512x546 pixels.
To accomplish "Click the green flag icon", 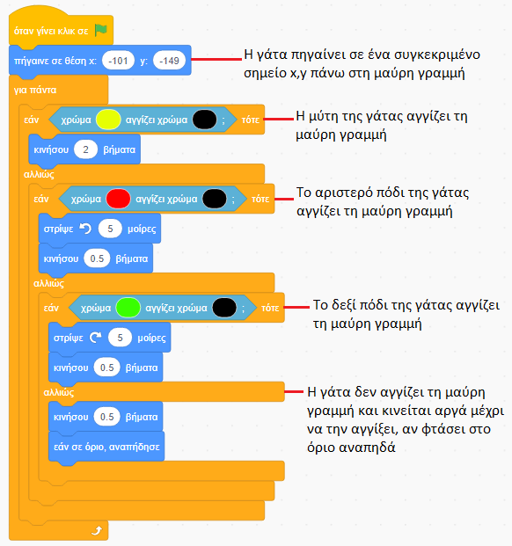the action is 100,30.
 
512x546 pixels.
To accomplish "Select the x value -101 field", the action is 118,61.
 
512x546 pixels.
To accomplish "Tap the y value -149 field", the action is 169,61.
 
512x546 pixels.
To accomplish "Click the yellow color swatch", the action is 108,120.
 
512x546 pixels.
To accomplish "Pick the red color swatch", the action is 118,199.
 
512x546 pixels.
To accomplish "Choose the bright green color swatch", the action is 128,308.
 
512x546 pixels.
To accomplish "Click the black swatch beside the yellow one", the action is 204,120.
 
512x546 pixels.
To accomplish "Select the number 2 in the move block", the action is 85,149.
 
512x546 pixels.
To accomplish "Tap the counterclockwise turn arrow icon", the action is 85,229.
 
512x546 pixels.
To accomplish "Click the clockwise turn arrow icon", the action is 95,338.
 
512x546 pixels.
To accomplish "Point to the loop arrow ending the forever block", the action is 97,530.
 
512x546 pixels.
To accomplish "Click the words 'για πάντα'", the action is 35,90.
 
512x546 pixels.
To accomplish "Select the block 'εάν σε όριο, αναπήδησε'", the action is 106,447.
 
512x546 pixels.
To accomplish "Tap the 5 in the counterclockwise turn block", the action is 110,229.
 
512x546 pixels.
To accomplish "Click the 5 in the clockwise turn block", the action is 120,338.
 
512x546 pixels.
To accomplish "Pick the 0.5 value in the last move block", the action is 106,417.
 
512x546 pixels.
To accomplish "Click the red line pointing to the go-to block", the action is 216,59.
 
